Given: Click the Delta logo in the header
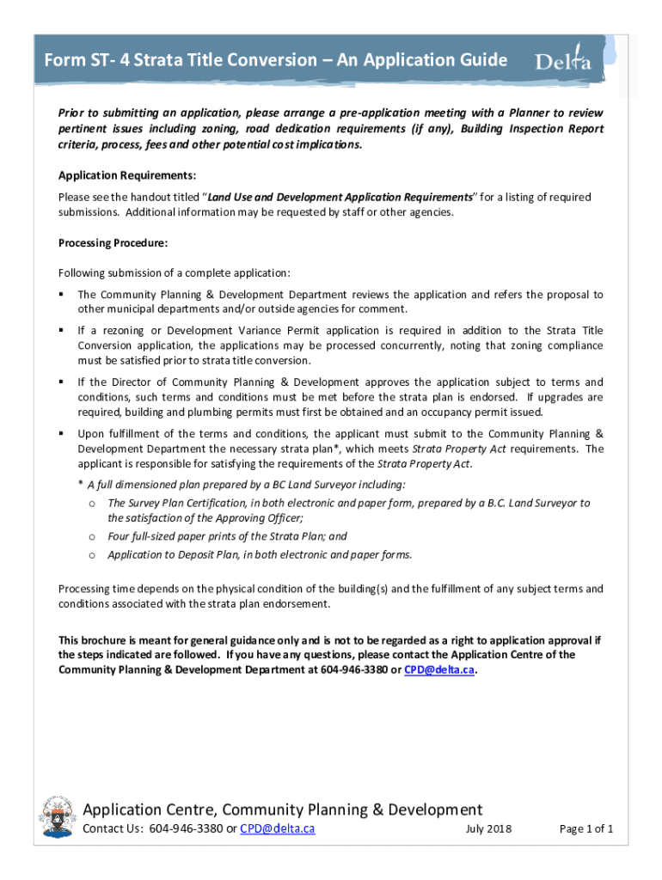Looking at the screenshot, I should click(x=564, y=60).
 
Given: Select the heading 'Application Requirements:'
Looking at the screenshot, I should click(x=115, y=175).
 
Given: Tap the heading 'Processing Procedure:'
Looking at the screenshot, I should click(x=107, y=243).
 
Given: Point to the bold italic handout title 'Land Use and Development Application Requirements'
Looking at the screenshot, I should click(x=340, y=197).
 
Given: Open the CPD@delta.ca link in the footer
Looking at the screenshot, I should click(x=277, y=829).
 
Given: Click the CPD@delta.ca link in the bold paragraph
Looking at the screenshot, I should click(x=441, y=670).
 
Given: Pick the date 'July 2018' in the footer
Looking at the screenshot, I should click(x=488, y=829).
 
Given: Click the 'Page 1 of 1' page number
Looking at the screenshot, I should click(x=586, y=829).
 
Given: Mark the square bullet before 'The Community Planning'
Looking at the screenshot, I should click(x=62, y=295).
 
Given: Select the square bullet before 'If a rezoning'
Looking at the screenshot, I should click(x=62, y=330).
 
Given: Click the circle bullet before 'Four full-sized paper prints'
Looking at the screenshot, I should click(x=90, y=536).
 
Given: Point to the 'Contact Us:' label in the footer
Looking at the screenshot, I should click(x=113, y=829).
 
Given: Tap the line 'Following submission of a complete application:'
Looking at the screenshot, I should click(x=175, y=273).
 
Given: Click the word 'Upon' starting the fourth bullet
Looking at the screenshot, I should click(x=91, y=433).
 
